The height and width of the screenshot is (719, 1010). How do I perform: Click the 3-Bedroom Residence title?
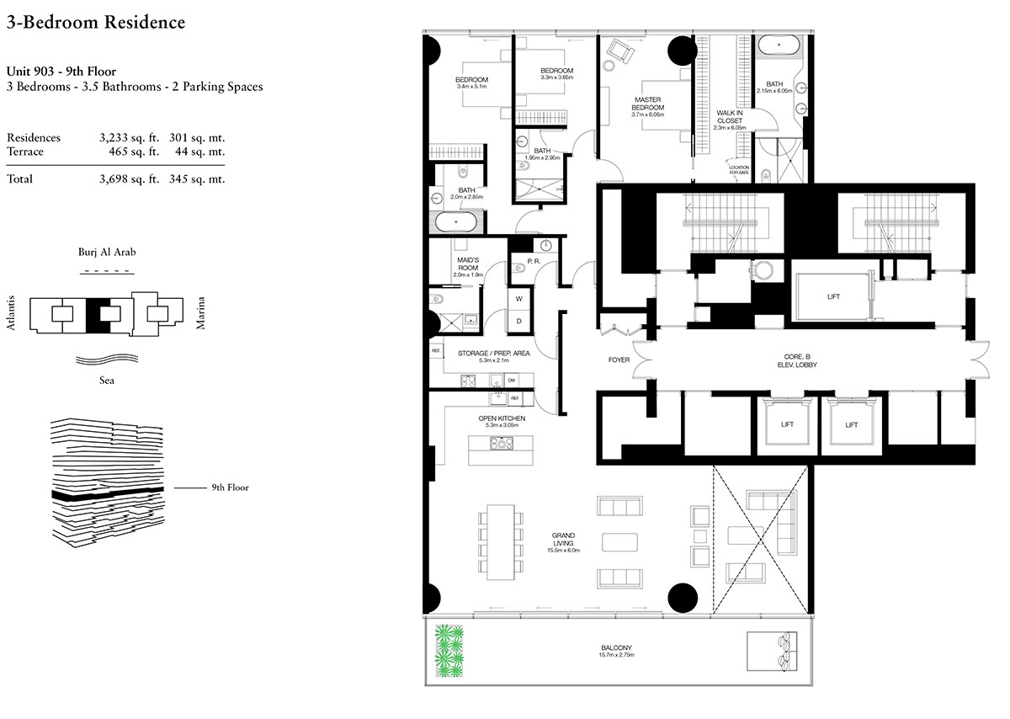(95, 23)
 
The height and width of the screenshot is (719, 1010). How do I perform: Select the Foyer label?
(619, 360)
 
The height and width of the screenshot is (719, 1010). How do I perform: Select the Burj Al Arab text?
(107, 253)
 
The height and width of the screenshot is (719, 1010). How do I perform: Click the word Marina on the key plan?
(200, 313)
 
